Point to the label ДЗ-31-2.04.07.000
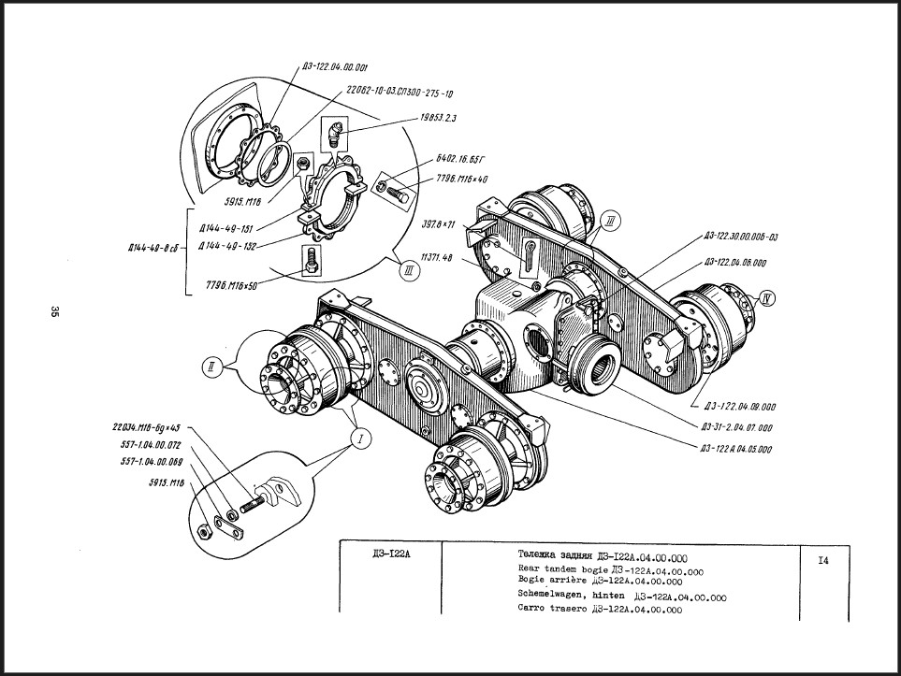[736, 427]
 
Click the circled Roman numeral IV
[767, 300]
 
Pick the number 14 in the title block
[822, 560]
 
